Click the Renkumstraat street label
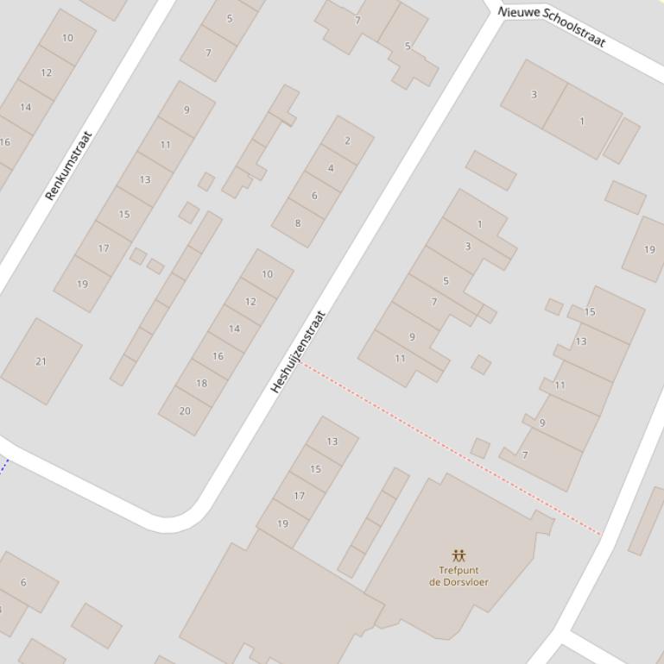[68, 166]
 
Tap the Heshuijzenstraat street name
[299, 352]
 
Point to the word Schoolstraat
[574, 32]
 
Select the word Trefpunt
[458, 570]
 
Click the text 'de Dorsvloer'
[458, 582]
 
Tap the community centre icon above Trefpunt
[458, 555]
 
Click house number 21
[41, 361]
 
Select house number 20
[185, 410]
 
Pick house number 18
[201, 383]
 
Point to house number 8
[298, 223]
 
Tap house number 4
[331, 168]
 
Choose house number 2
[347, 141]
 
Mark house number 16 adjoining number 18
[218, 356]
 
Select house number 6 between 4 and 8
[314, 196]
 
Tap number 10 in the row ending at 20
[267, 274]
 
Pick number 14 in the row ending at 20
[234, 329]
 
